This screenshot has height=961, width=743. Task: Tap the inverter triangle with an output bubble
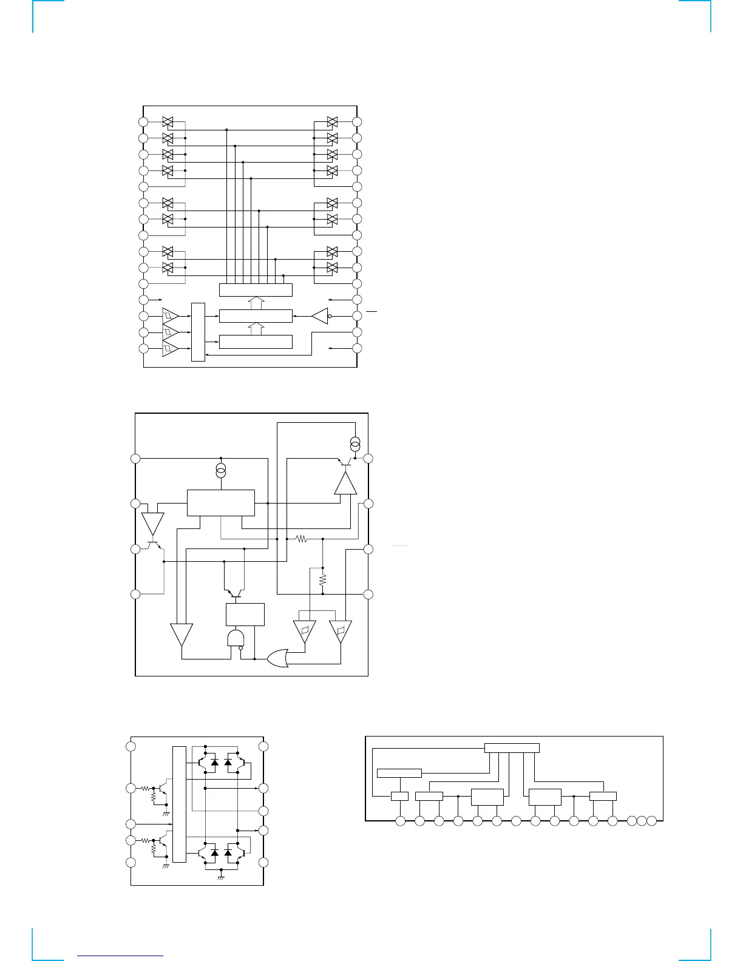[x=320, y=316]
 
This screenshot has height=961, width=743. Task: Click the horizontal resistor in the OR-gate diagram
[x=302, y=539]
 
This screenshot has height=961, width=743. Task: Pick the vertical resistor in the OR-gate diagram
[x=322, y=580]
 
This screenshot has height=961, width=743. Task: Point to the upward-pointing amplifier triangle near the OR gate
[x=345, y=484]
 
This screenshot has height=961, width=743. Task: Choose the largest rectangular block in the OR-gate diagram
[x=220, y=503]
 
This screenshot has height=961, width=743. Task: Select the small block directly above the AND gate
[x=245, y=615]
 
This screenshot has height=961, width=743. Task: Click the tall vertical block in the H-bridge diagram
[x=179, y=804]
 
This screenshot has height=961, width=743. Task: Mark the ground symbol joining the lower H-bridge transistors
[x=221, y=877]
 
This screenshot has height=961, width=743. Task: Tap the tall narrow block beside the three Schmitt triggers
[x=198, y=332]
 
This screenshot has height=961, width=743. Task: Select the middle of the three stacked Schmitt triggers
[x=170, y=332]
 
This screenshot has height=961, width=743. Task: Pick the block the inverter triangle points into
[x=255, y=316]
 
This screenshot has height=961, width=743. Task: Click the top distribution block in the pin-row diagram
[x=512, y=747]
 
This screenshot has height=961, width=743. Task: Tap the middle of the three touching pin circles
[x=642, y=821]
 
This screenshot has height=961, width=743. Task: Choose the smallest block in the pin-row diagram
[x=399, y=797]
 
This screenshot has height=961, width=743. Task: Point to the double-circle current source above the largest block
[x=221, y=470]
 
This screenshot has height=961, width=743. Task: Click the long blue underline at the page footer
[x=121, y=956]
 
